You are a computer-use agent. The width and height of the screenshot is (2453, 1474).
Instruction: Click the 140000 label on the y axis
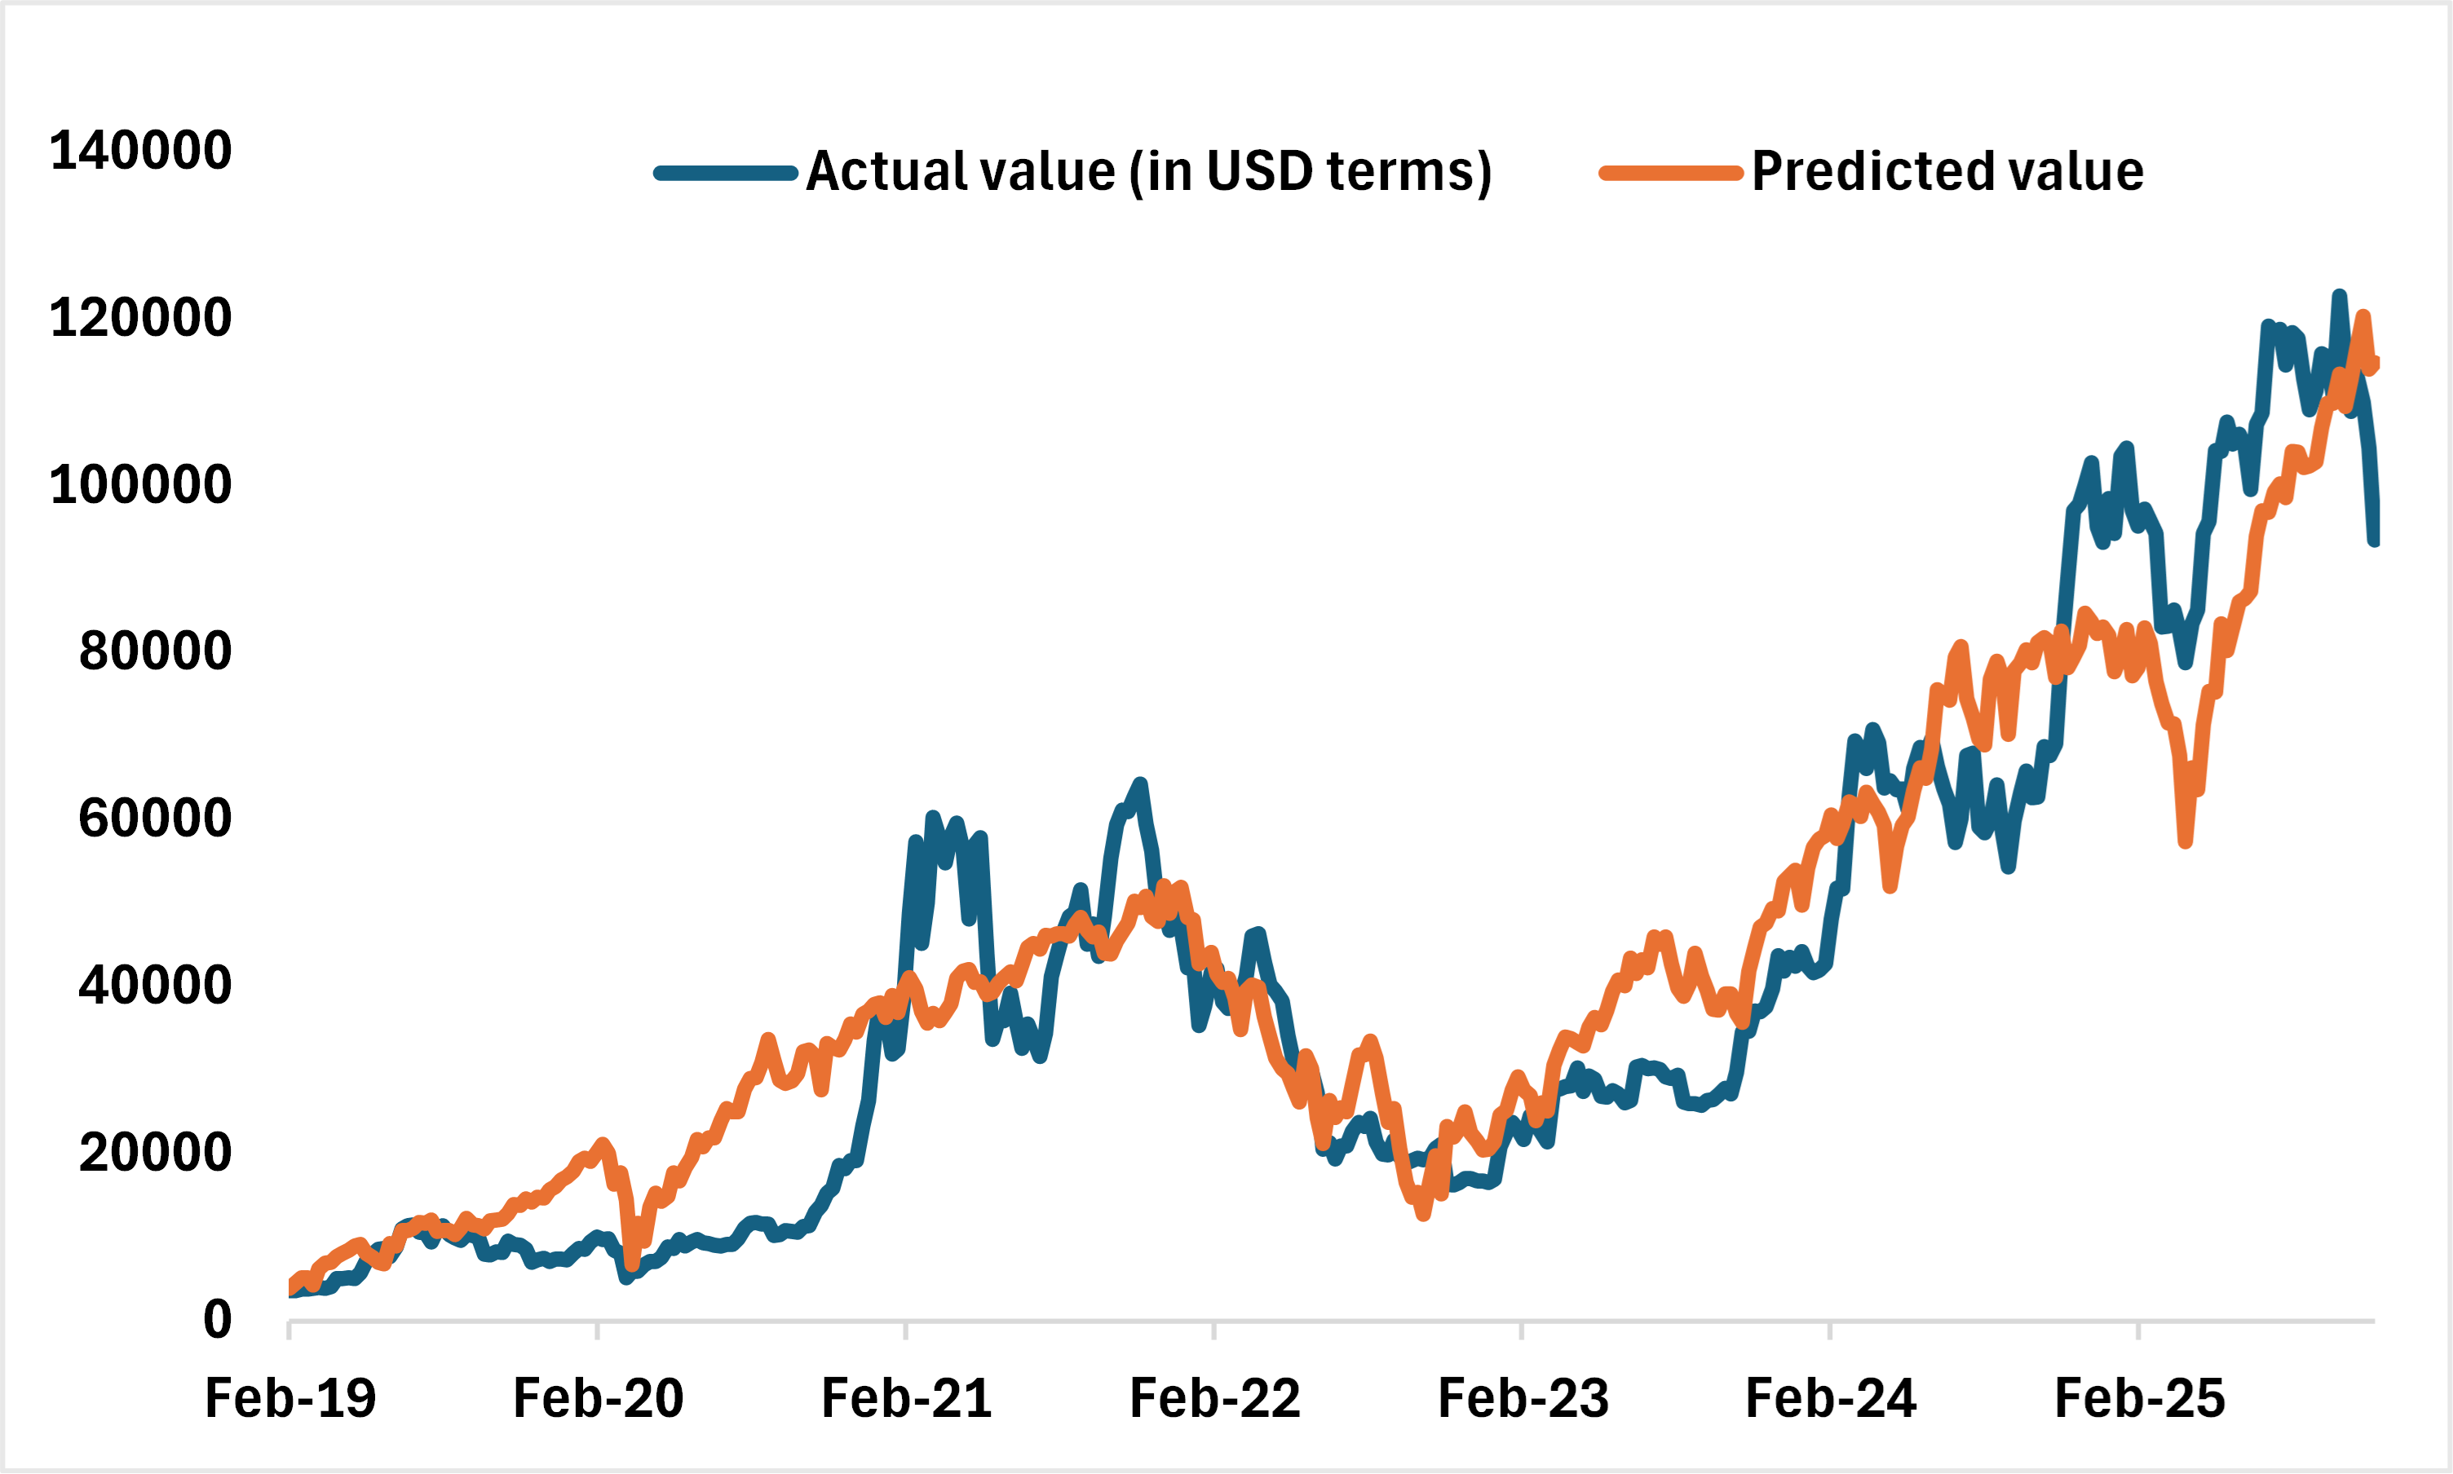(x=140, y=151)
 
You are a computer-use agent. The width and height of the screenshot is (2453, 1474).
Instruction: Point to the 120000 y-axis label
(x=140, y=318)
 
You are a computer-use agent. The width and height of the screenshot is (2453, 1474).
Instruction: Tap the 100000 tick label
(x=140, y=485)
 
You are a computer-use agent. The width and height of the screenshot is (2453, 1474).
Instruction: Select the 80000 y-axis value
(x=155, y=651)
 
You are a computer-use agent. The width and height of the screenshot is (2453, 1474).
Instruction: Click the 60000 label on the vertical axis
(x=155, y=819)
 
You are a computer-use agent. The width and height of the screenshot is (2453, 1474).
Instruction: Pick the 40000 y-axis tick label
(x=155, y=986)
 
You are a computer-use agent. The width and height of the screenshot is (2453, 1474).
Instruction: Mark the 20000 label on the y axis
(x=155, y=1152)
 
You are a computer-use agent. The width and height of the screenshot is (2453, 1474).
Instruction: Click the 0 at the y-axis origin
(x=218, y=1320)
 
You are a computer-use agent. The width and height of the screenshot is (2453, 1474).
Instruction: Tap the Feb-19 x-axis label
(x=290, y=1398)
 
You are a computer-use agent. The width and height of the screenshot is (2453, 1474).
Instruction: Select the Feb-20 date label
(x=598, y=1398)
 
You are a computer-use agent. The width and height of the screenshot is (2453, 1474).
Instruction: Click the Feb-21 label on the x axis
(x=906, y=1398)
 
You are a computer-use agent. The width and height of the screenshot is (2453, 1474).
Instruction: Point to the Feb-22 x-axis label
(x=1214, y=1398)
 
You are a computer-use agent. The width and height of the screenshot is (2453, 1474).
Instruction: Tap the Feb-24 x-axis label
(x=1830, y=1398)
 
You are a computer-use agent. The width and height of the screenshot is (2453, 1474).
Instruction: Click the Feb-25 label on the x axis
(x=2138, y=1398)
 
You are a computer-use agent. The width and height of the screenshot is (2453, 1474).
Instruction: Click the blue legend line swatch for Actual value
(x=725, y=174)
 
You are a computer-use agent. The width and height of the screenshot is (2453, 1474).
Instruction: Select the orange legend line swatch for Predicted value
(x=1671, y=174)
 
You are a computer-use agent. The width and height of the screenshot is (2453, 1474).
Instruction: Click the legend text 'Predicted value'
(x=1947, y=171)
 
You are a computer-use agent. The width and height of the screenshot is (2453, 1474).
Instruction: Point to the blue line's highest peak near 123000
(x=2339, y=295)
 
